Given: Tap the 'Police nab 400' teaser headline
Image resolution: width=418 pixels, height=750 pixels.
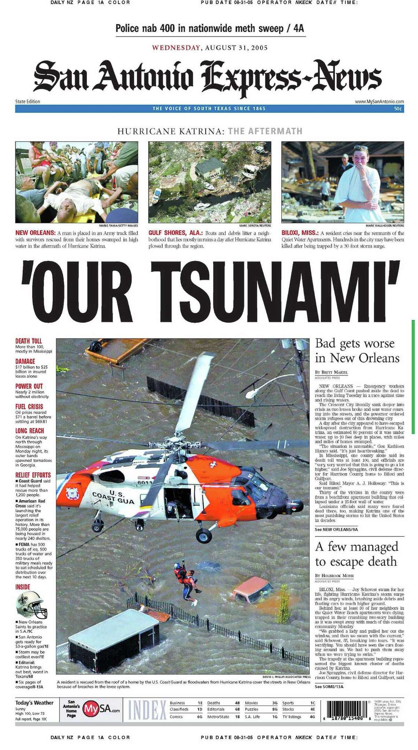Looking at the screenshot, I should point(210,28).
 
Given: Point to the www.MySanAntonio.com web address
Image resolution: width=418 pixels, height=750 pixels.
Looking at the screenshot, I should point(379,102).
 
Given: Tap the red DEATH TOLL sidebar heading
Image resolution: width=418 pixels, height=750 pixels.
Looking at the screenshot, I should point(29,341).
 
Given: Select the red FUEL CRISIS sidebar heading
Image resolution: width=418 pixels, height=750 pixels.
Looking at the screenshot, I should point(29,407).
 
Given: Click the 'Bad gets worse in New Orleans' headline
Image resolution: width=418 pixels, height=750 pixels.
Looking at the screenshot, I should point(357,351).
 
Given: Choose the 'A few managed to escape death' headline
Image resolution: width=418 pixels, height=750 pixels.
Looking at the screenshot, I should point(356,554).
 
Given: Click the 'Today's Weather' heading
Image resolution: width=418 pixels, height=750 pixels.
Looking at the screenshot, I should point(34,703).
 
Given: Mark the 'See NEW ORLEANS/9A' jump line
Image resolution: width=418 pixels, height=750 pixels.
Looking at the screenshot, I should point(336,530).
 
